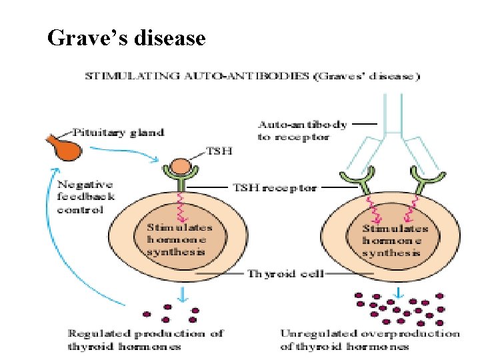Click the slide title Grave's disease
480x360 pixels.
pyautogui.click(x=126, y=39)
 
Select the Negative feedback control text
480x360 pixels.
pyautogui.click(x=85, y=197)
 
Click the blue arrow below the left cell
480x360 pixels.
pyautogui.click(x=181, y=294)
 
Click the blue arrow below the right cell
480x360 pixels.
pyautogui.click(x=398, y=293)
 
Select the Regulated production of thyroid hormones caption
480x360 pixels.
pyautogui.click(x=145, y=339)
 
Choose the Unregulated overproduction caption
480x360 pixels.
pyautogui.click(x=370, y=339)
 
